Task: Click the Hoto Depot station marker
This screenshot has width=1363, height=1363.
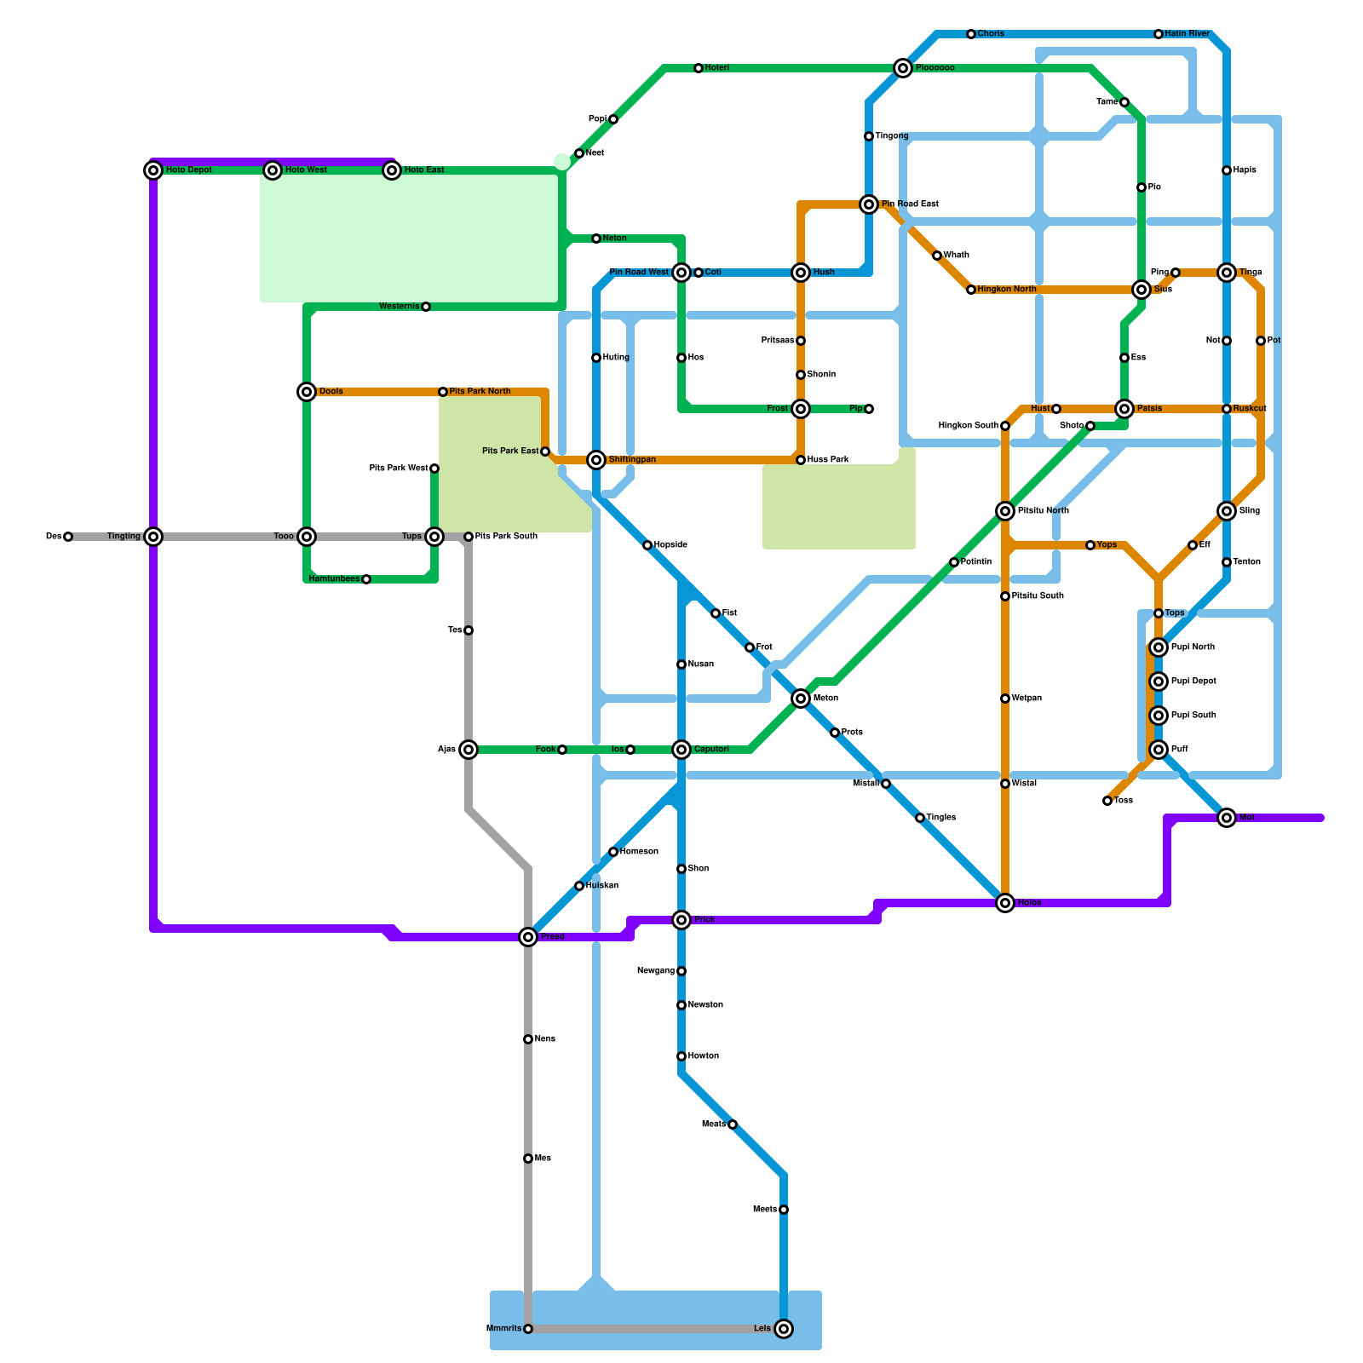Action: pos(153,170)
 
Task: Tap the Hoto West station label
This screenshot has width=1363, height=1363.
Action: pos(306,170)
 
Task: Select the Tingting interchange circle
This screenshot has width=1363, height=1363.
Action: pos(153,537)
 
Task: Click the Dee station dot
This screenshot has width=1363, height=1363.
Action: pos(68,537)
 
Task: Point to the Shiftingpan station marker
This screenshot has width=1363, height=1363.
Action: pos(596,460)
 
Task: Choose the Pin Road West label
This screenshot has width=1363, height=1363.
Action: pos(639,273)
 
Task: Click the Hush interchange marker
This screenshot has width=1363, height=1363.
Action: pos(801,273)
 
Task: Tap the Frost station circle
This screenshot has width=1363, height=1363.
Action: pos(801,409)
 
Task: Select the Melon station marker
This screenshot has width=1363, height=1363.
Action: pos(801,699)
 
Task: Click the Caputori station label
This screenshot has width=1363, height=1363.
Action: pos(711,750)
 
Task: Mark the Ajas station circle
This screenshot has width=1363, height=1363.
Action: pos(469,750)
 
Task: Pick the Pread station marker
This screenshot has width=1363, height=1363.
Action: pos(528,937)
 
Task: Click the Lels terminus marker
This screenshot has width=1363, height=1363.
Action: pos(784,1329)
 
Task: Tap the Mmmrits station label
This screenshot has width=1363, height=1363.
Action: pos(503,1329)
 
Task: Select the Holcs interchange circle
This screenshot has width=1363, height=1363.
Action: pos(1005,903)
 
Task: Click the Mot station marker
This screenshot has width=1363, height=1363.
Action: pos(1227,818)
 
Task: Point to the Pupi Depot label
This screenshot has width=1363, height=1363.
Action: pos(1193,681)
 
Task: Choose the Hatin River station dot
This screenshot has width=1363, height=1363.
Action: pos(1159,34)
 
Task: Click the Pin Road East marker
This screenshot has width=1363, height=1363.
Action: pos(869,204)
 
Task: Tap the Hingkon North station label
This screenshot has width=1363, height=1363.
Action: pos(1007,290)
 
